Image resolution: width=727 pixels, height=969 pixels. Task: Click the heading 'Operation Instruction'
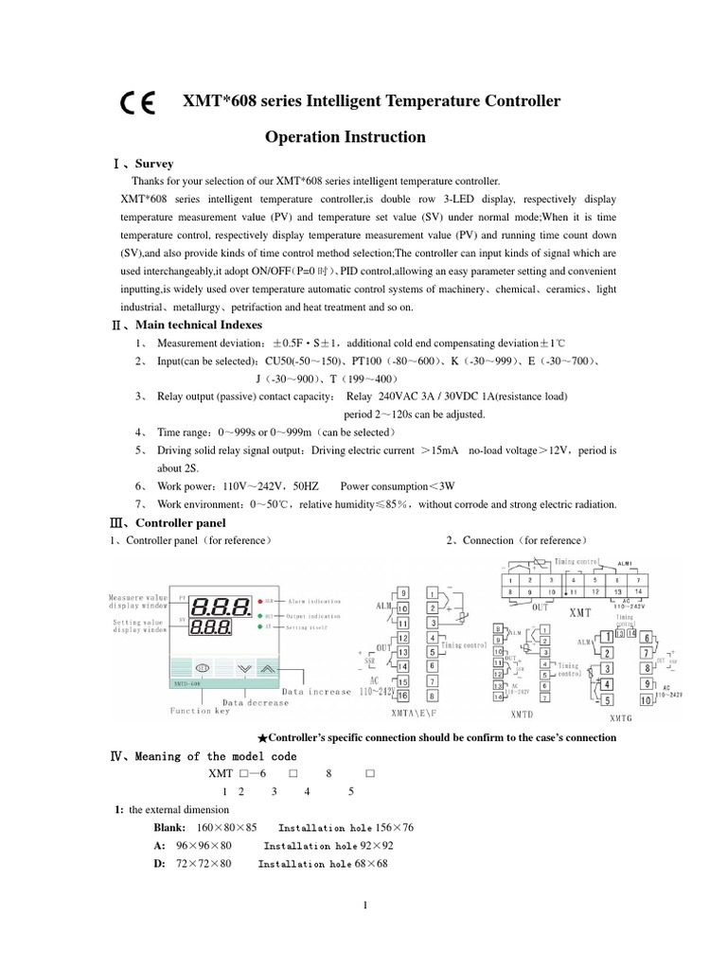345,137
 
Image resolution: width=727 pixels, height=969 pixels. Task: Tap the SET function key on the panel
203,666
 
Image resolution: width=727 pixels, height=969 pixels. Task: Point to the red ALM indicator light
257,601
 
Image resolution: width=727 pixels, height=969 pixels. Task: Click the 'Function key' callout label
200,711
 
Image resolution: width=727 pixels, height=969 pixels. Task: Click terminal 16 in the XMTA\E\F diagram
403,696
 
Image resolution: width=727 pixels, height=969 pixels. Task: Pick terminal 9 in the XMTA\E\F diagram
403,592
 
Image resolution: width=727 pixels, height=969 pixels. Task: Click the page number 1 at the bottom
364,905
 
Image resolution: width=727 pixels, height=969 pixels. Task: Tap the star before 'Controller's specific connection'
262,737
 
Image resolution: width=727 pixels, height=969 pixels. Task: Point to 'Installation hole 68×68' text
323,864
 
